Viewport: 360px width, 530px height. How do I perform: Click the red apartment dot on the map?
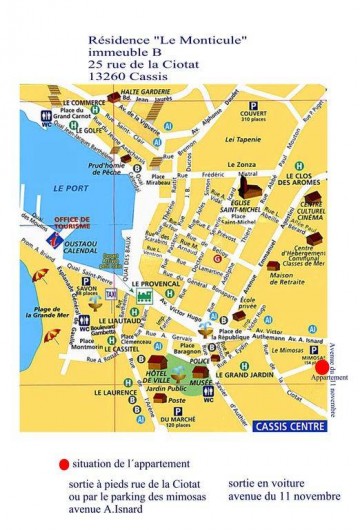(320, 366)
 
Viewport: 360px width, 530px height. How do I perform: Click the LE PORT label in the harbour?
(72, 188)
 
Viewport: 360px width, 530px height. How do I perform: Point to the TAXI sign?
(110, 297)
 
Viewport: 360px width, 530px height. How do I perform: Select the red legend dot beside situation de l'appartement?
(64, 465)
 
